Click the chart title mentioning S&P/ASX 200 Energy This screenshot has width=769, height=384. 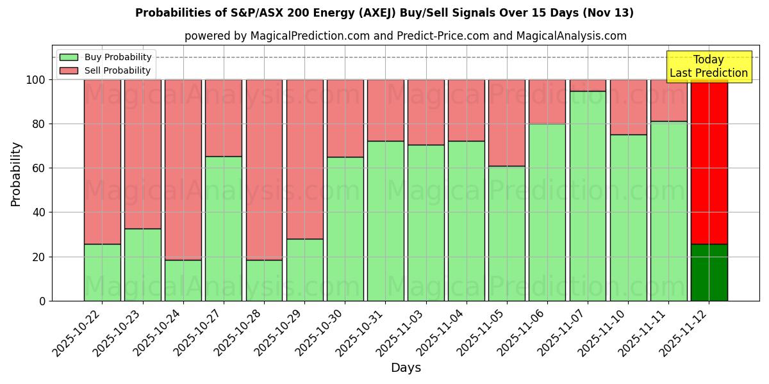384,13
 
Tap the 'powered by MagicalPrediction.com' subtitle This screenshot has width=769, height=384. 405,36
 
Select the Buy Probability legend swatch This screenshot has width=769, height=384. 69,57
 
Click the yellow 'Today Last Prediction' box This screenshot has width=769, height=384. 708,67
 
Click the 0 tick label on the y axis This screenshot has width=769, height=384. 42,301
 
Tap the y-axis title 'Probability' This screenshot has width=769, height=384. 16,173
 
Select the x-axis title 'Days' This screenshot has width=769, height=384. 406,367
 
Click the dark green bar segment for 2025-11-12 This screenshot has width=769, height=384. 709,273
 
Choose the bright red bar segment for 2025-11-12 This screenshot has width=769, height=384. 709,161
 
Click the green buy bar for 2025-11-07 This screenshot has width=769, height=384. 588,196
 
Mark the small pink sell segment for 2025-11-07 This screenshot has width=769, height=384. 588,85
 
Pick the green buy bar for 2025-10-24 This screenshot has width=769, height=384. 183,280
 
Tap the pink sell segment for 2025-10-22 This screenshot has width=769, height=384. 103,161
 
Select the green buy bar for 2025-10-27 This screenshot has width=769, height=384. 224,228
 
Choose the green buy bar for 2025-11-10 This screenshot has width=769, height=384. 628,218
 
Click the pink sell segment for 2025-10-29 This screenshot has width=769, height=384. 304,159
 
